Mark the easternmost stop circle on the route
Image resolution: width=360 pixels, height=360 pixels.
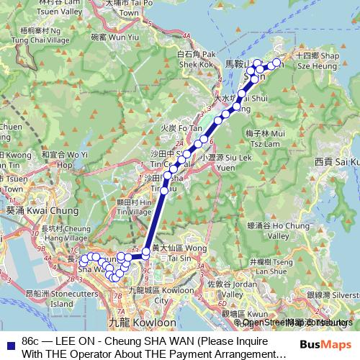[276, 63]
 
